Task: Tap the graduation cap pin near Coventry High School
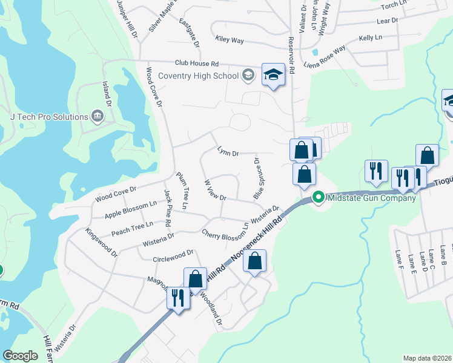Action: [x=273, y=75]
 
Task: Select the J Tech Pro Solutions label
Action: [x=45, y=116]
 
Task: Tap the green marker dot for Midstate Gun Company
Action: [x=319, y=198]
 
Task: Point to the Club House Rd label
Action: [x=196, y=63]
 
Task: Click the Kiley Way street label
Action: [x=230, y=40]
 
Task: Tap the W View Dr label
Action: [x=215, y=189]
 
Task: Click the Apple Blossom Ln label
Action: [x=131, y=210]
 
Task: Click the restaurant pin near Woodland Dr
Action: [x=177, y=298]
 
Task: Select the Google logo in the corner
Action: [x=19, y=356]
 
